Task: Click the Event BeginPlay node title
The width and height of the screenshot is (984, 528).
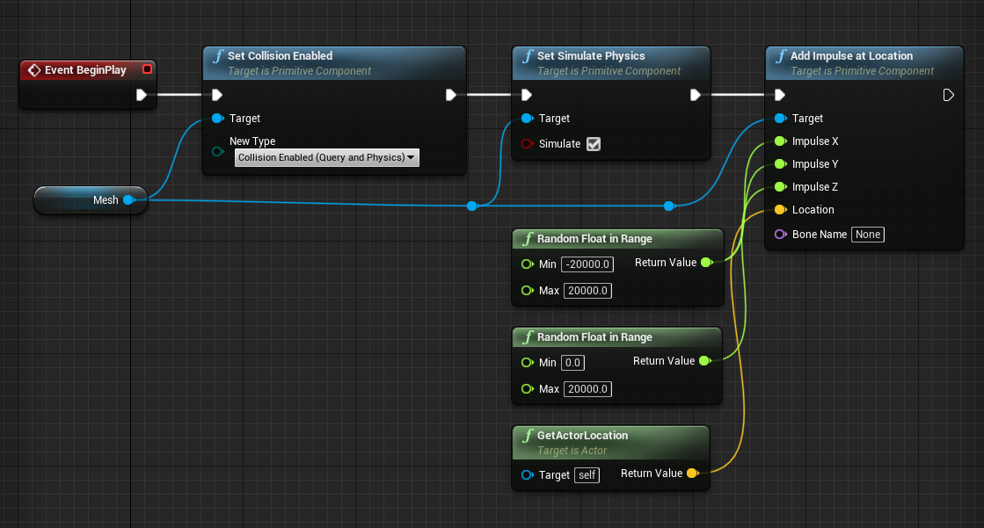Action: point(84,70)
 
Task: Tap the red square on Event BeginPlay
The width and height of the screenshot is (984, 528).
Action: point(147,69)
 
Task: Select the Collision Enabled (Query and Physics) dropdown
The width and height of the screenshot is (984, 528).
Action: point(326,157)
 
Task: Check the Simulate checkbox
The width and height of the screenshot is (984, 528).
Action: point(594,144)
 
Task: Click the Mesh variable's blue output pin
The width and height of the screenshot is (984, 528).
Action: point(128,200)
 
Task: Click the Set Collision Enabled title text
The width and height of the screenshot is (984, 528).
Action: point(280,56)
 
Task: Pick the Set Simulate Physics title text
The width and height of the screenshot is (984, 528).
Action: point(590,56)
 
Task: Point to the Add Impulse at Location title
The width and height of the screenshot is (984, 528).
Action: point(851,56)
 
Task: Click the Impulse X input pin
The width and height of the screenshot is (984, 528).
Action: point(780,141)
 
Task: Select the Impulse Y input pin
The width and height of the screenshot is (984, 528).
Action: point(780,164)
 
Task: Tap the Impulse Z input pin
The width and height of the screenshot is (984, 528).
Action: point(780,187)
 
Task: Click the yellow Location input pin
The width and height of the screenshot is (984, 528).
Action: point(780,210)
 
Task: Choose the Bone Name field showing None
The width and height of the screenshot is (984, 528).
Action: point(867,235)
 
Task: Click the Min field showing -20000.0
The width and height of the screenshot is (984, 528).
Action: point(588,264)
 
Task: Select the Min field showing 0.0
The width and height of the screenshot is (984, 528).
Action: point(573,363)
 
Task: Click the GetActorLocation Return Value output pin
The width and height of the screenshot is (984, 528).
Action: point(691,474)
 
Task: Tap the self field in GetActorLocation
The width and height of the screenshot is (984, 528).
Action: point(587,475)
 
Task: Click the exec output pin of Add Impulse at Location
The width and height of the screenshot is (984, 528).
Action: point(949,95)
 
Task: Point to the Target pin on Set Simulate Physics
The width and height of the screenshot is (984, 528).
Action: point(527,119)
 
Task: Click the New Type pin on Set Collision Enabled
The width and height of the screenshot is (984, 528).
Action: point(217,151)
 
